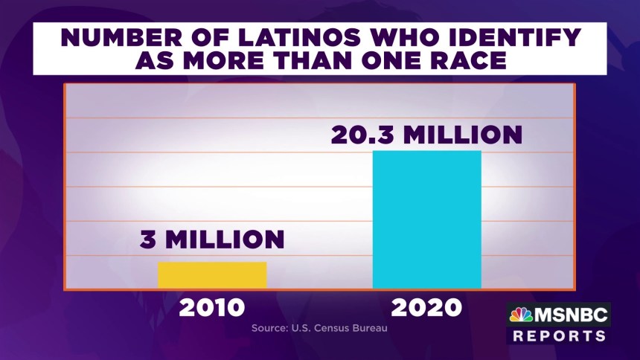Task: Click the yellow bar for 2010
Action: [x=212, y=274]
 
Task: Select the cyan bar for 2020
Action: [x=426, y=219]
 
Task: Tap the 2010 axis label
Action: [x=211, y=307]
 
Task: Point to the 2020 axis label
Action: [x=426, y=307]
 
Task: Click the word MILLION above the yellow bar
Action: [x=224, y=240]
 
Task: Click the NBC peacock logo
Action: [x=520, y=315]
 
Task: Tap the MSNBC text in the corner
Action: [x=572, y=315]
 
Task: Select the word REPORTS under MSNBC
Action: [x=560, y=336]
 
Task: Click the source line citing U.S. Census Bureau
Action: [x=319, y=327]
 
